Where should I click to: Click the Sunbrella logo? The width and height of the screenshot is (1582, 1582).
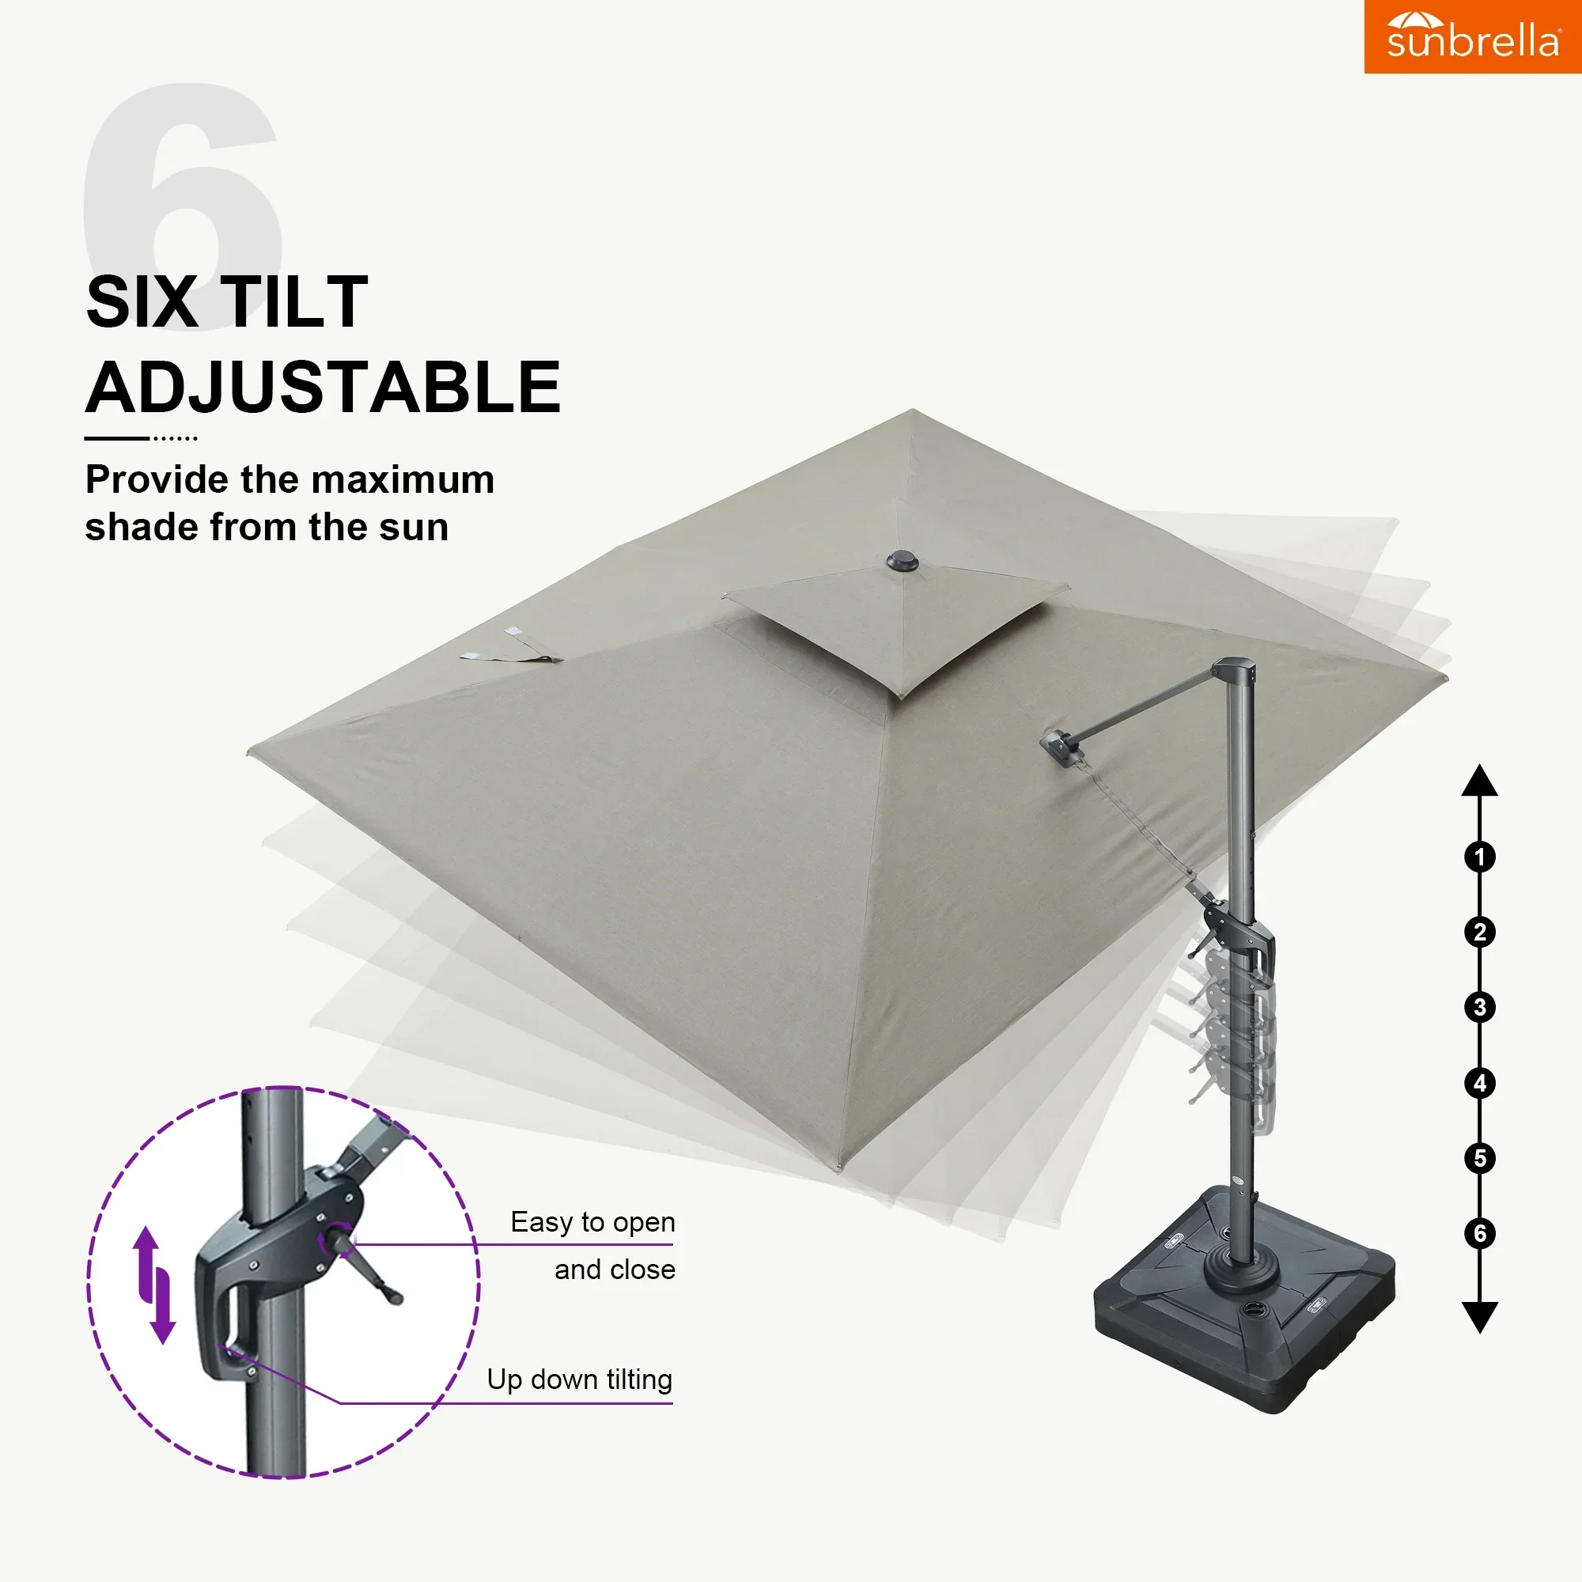point(1472,37)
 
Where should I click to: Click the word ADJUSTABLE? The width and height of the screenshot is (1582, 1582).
point(324,388)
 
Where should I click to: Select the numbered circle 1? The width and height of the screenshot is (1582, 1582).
point(1480,857)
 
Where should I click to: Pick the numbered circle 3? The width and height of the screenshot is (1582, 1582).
point(1480,1007)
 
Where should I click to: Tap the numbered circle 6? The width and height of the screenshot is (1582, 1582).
point(1480,1233)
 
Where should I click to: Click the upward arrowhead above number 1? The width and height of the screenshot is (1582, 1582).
point(1480,782)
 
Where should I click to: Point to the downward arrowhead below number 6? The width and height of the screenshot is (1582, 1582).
point(1480,1317)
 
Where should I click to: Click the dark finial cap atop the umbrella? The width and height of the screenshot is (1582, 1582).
point(903,562)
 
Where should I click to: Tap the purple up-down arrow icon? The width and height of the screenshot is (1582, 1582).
point(154,1285)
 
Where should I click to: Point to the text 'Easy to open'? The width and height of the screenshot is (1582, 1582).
point(592,1222)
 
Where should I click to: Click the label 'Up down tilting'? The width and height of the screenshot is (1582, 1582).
point(579,1379)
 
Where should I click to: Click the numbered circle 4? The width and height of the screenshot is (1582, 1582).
point(1480,1084)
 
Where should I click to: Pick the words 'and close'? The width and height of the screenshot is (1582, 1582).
point(614,1270)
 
